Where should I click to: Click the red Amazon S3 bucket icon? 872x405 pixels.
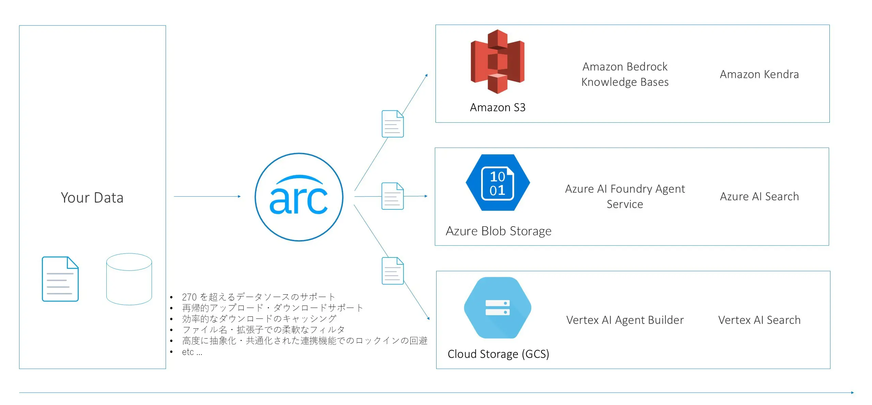(x=497, y=61)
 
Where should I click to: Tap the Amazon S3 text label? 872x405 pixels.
(x=498, y=108)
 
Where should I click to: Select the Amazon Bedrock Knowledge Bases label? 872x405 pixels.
(x=625, y=74)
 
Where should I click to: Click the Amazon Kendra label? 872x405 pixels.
(x=759, y=74)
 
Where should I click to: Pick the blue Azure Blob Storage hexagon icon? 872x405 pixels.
(x=498, y=183)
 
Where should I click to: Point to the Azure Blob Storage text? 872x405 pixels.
(x=498, y=231)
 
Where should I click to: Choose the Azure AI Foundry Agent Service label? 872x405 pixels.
(x=625, y=197)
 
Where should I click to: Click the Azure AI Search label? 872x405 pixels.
(x=759, y=197)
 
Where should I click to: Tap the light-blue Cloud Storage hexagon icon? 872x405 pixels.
(x=498, y=308)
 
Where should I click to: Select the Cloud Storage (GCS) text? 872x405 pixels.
(x=498, y=354)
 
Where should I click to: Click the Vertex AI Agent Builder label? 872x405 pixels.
(x=625, y=320)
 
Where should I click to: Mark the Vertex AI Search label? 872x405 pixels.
(x=759, y=320)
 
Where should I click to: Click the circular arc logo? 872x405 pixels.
(x=299, y=197)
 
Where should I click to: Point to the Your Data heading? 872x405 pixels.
(x=92, y=198)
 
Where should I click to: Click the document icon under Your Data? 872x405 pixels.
(x=60, y=279)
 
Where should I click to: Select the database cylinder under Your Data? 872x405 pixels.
(x=129, y=279)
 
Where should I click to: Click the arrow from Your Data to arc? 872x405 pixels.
(x=207, y=197)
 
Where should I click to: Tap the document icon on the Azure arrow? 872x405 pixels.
(x=393, y=196)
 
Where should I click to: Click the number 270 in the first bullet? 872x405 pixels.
(x=189, y=297)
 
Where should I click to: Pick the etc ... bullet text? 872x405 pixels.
(x=192, y=352)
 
